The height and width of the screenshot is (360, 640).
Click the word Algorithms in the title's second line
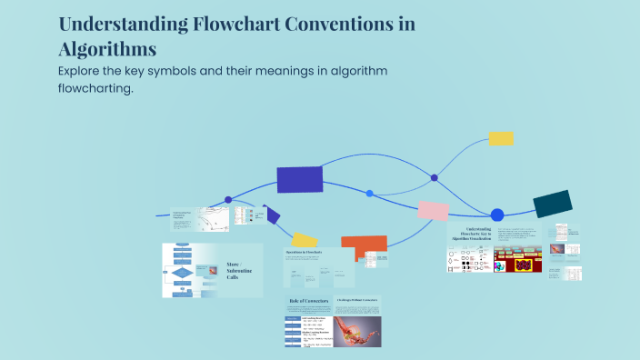click(107, 48)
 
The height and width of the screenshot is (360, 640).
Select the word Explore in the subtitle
click(85, 71)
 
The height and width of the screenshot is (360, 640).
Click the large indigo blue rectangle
click(299, 180)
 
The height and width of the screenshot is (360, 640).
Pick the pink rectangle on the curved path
click(433, 211)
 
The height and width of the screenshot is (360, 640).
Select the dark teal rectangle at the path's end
click(552, 205)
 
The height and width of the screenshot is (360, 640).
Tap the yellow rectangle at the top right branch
click(501, 138)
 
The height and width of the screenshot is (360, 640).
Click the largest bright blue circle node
click(496, 215)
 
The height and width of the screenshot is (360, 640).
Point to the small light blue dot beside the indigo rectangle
click(369, 193)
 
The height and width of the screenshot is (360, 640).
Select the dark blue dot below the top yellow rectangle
click(434, 177)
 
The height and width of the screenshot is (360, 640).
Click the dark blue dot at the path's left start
click(228, 199)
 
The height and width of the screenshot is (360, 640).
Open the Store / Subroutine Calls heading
click(240, 270)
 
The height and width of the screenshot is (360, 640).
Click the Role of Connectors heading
click(308, 300)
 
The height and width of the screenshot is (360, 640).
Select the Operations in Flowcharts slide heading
click(305, 252)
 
